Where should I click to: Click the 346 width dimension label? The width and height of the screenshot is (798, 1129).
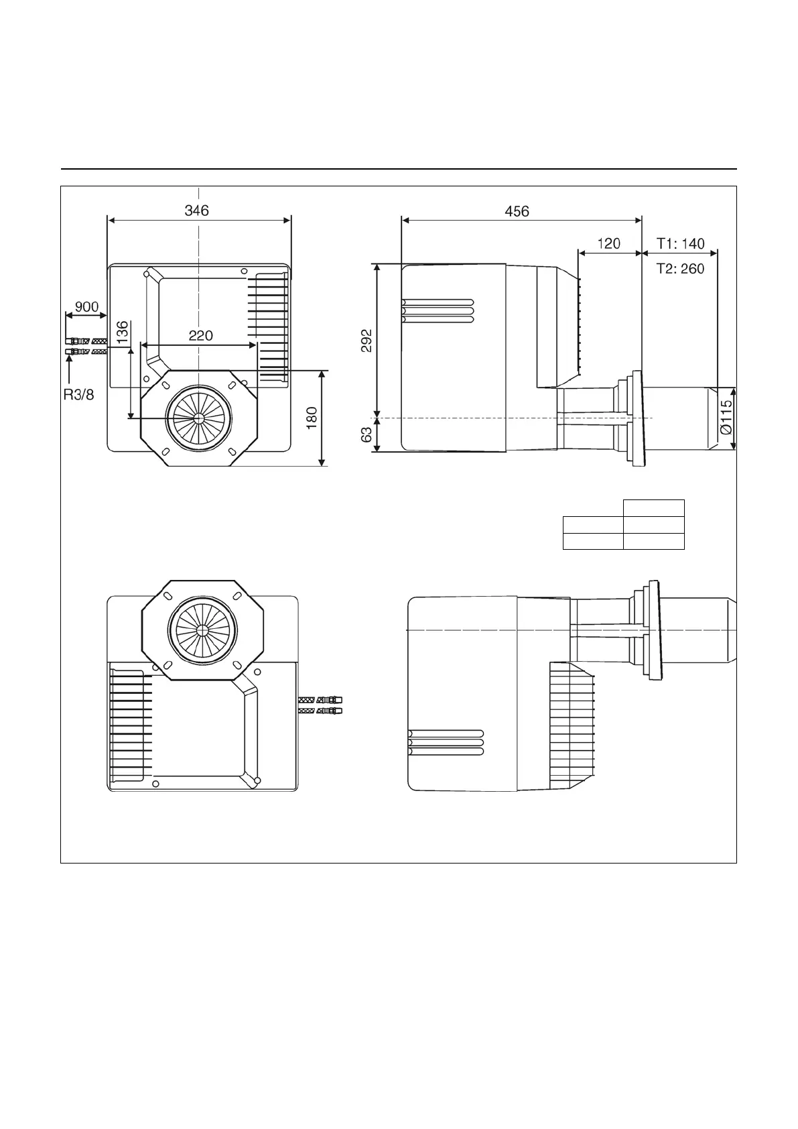tap(196, 211)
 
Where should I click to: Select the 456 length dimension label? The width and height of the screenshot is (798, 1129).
tap(517, 212)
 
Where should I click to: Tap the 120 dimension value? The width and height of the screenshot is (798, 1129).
tap(608, 243)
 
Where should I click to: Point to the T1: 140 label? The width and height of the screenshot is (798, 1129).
tap(680, 243)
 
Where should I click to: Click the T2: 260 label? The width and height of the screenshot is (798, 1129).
tap(680, 269)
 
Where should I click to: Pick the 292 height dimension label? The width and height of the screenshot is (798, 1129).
tap(367, 341)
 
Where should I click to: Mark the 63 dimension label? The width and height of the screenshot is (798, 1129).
tap(367, 435)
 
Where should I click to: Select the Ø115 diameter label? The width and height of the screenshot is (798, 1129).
tap(726, 419)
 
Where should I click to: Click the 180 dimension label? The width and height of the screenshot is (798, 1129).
tap(312, 418)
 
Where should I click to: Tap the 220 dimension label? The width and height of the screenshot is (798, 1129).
tap(200, 335)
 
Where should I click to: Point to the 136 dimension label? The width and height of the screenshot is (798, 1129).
tap(122, 333)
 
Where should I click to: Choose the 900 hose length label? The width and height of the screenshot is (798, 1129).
tap(86, 307)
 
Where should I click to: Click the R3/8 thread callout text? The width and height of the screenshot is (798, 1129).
tap(78, 395)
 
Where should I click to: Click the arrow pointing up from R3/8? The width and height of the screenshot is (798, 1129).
tap(69, 369)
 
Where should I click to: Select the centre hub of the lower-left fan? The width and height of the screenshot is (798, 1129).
tap(202, 630)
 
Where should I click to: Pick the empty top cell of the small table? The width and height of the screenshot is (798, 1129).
tap(653, 508)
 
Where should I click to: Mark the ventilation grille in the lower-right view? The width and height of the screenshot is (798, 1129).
tap(572, 724)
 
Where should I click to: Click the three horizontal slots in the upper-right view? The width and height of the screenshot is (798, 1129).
tap(438, 310)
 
